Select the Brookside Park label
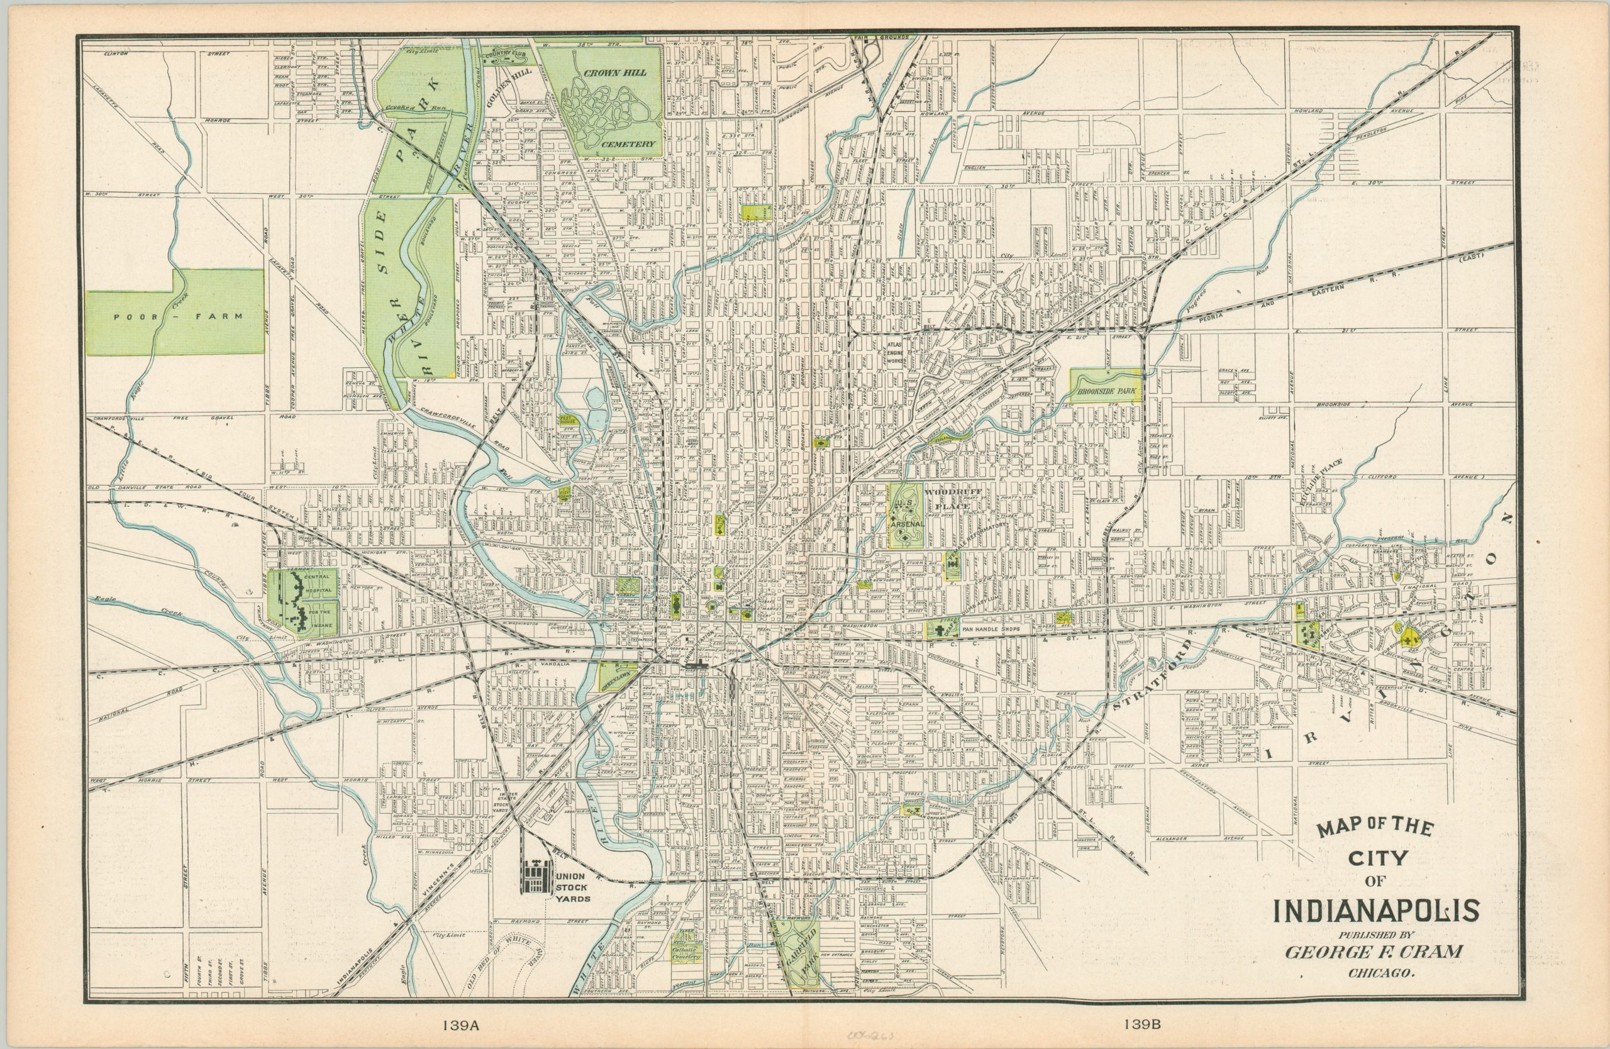click(x=1106, y=391)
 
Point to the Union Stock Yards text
click(x=573, y=887)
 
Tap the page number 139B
click(x=1143, y=1024)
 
